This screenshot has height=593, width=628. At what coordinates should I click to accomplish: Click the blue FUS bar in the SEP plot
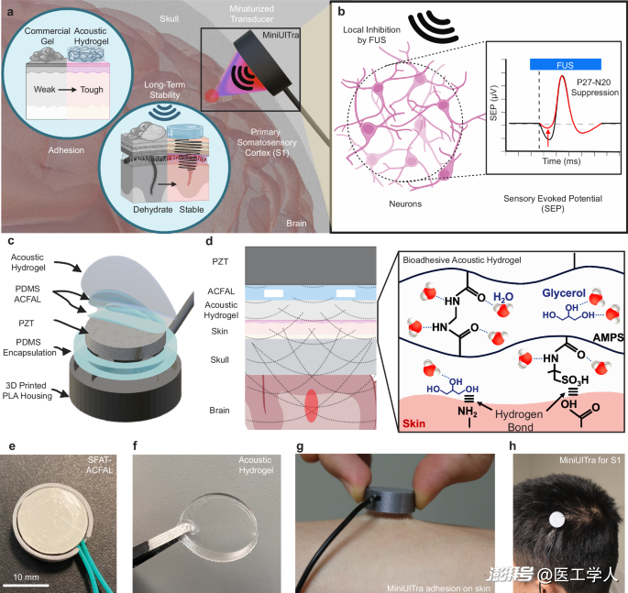click(565, 64)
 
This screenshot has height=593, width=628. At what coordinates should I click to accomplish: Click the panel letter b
click(341, 12)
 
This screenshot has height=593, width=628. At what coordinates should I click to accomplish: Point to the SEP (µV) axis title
click(493, 103)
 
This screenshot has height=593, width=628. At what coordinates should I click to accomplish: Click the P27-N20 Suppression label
click(594, 87)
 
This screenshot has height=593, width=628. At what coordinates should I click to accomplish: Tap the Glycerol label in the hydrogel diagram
click(564, 293)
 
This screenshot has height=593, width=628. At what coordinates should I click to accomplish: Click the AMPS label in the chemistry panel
click(609, 337)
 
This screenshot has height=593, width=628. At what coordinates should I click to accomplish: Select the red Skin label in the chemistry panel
click(413, 423)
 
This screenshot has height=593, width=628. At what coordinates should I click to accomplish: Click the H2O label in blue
click(503, 297)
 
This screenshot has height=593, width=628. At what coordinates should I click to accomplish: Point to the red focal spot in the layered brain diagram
click(312, 406)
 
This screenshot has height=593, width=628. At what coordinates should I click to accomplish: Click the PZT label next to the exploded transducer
click(27, 324)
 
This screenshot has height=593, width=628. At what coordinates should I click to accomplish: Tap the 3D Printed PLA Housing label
click(28, 390)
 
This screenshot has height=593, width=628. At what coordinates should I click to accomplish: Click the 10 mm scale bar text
click(26, 577)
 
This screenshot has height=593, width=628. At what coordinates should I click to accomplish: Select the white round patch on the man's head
click(556, 520)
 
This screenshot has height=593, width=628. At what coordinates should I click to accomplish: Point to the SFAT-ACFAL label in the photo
click(99, 465)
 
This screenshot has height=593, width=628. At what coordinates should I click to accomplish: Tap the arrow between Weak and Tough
click(67, 90)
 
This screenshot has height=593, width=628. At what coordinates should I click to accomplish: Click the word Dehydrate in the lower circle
click(152, 209)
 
